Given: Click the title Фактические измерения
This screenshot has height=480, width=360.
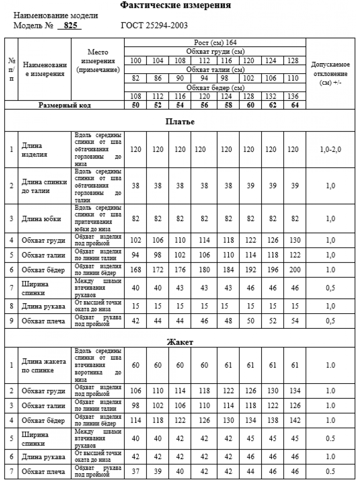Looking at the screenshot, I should click(176, 6).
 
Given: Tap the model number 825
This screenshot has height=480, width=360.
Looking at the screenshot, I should click(70, 26).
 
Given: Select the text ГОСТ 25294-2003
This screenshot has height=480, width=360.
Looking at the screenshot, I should click(154, 26).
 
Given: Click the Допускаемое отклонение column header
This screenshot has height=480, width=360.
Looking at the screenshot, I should click(330, 74).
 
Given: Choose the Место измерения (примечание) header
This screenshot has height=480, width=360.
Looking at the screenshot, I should click(98, 61).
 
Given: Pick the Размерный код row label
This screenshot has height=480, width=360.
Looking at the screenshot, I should click(65, 105).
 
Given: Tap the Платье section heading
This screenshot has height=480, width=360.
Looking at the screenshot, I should click(180, 122).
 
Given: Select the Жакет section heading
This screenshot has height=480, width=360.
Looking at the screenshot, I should click(180, 342).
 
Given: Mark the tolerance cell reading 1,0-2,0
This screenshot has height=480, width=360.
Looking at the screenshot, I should click(330, 150).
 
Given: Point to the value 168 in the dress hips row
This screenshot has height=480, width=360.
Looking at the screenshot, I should click(136, 270).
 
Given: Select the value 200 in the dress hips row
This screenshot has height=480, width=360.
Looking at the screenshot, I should click(295, 270).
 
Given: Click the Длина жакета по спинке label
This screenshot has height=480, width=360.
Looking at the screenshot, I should click(44, 366).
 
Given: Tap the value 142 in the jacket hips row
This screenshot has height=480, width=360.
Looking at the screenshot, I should click(295, 420).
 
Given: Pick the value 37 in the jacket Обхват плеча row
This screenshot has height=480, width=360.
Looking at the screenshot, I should click(136, 472).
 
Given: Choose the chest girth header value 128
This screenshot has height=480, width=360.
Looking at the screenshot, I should click(295, 61).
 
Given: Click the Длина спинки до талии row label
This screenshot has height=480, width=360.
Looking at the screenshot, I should click(44, 186).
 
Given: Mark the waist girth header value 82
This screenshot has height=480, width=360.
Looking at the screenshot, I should click(136, 78).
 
